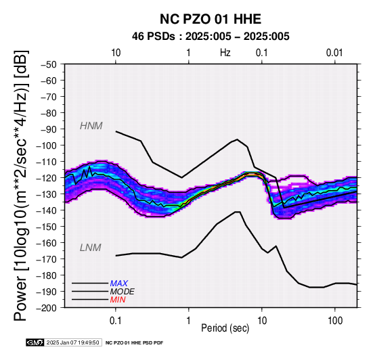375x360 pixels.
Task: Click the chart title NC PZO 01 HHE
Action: [211, 19]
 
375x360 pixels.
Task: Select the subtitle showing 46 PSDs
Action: [211, 37]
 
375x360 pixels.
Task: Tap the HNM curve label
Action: [91, 126]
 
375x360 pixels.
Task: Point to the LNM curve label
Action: [91, 248]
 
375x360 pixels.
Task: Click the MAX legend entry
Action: [119, 284]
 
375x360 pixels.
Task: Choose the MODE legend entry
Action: [123, 292]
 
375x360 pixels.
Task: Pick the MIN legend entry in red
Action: [118, 300]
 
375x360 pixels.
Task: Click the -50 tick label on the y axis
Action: [49, 64]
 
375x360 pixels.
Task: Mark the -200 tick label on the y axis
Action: [47, 308]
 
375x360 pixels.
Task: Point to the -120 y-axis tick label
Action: [47, 178]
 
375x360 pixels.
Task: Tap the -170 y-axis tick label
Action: [47, 259]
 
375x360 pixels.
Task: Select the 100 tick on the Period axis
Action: [335, 321]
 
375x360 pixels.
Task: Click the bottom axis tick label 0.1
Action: [116, 321]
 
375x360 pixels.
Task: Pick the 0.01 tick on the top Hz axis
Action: [334, 53]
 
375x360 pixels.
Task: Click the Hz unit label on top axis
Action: [225, 53]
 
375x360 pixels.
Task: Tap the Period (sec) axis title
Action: [225, 328]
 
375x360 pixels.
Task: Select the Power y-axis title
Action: [21, 185]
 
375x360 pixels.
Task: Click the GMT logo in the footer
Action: [35, 342]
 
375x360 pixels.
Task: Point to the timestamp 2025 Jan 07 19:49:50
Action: [72, 342]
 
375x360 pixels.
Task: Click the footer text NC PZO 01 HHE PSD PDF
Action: [135, 343]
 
